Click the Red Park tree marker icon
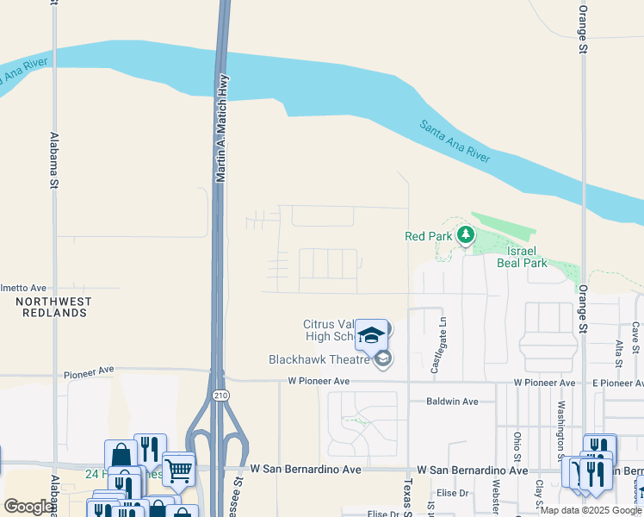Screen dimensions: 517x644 (x=466, y=234)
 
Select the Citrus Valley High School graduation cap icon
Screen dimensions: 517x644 (x=371, y=335)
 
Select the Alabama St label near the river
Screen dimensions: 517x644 (x=53, y=159)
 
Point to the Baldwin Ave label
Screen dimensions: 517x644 (x=452, y=402)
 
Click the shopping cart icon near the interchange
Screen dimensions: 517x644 (x=178, y=470)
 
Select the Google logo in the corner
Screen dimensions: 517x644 (x=28, y=507)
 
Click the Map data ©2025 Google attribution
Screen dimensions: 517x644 (x=591, y=510)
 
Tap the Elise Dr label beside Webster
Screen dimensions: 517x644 (x=452, y=493)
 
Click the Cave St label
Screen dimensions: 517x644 (x=635, y=338)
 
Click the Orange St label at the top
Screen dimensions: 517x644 (x=583, y=29)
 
